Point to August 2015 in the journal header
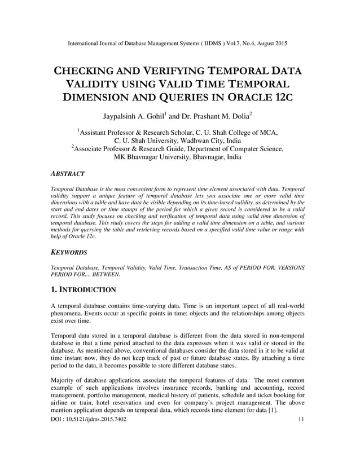pyautogui.click(x=268, y=43)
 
